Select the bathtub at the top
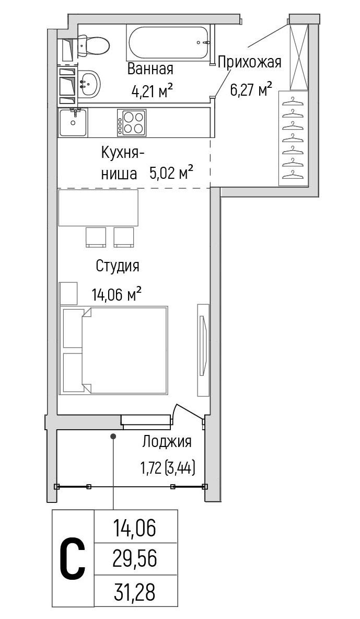(167, 42)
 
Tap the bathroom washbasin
(89, 83)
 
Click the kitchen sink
(73, 122)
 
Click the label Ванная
(150, 69)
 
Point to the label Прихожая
(249, 62)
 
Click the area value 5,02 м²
(172, 173)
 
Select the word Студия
(118, 266)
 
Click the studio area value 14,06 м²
(118, 295)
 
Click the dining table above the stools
(98, 208)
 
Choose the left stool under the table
(96, 237)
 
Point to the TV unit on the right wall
(203, 349)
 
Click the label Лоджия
(167, 442)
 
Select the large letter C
(72, 559)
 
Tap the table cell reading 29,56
(135, 560)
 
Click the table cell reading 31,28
(135, 593)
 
